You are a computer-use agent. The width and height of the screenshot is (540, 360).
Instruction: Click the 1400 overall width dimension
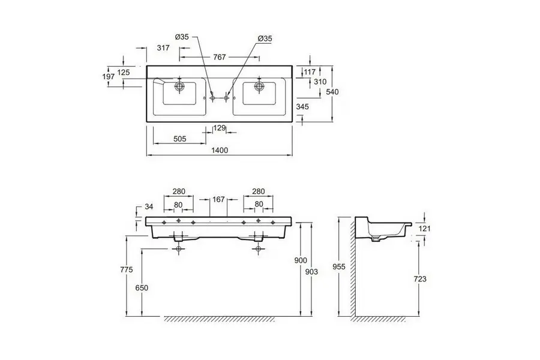pos(220,150)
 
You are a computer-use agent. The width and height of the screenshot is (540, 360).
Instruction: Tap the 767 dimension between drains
pos(220,57)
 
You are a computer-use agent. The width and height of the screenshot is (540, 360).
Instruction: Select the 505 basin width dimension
pos(180,139)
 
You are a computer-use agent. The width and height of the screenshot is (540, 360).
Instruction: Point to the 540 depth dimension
pos(333,92)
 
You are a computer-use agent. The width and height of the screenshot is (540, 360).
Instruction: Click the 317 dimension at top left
pos(163,48)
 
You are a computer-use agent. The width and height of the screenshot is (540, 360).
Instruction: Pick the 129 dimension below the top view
pos(220,128)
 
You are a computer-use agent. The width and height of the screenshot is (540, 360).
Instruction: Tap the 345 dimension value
pos(302,107)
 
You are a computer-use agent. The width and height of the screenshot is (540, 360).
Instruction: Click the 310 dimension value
pos(320,82)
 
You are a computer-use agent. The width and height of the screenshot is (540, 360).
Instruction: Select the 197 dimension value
pos(109,77)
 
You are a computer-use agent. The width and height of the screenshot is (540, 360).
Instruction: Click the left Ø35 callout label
pos(182,37)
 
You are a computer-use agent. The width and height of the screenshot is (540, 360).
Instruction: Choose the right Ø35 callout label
pos(265,38)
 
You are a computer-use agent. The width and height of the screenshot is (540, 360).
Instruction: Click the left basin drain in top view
pos(179,85)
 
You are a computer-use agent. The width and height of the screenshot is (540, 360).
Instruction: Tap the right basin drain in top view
pos(259,85)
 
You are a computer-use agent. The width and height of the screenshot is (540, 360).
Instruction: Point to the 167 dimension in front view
pos(218,199)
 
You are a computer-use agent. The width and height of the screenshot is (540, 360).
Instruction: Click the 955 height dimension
pos(339,266)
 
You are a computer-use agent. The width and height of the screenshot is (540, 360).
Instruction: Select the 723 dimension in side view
pos(420,278)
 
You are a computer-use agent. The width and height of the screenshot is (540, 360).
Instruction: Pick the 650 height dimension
pos(142,287)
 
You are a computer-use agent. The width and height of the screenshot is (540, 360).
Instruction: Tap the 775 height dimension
pos(127,270)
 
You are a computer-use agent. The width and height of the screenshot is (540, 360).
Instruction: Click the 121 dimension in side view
pos(424,229)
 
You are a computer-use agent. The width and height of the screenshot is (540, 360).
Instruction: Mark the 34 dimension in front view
pos(149,206)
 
